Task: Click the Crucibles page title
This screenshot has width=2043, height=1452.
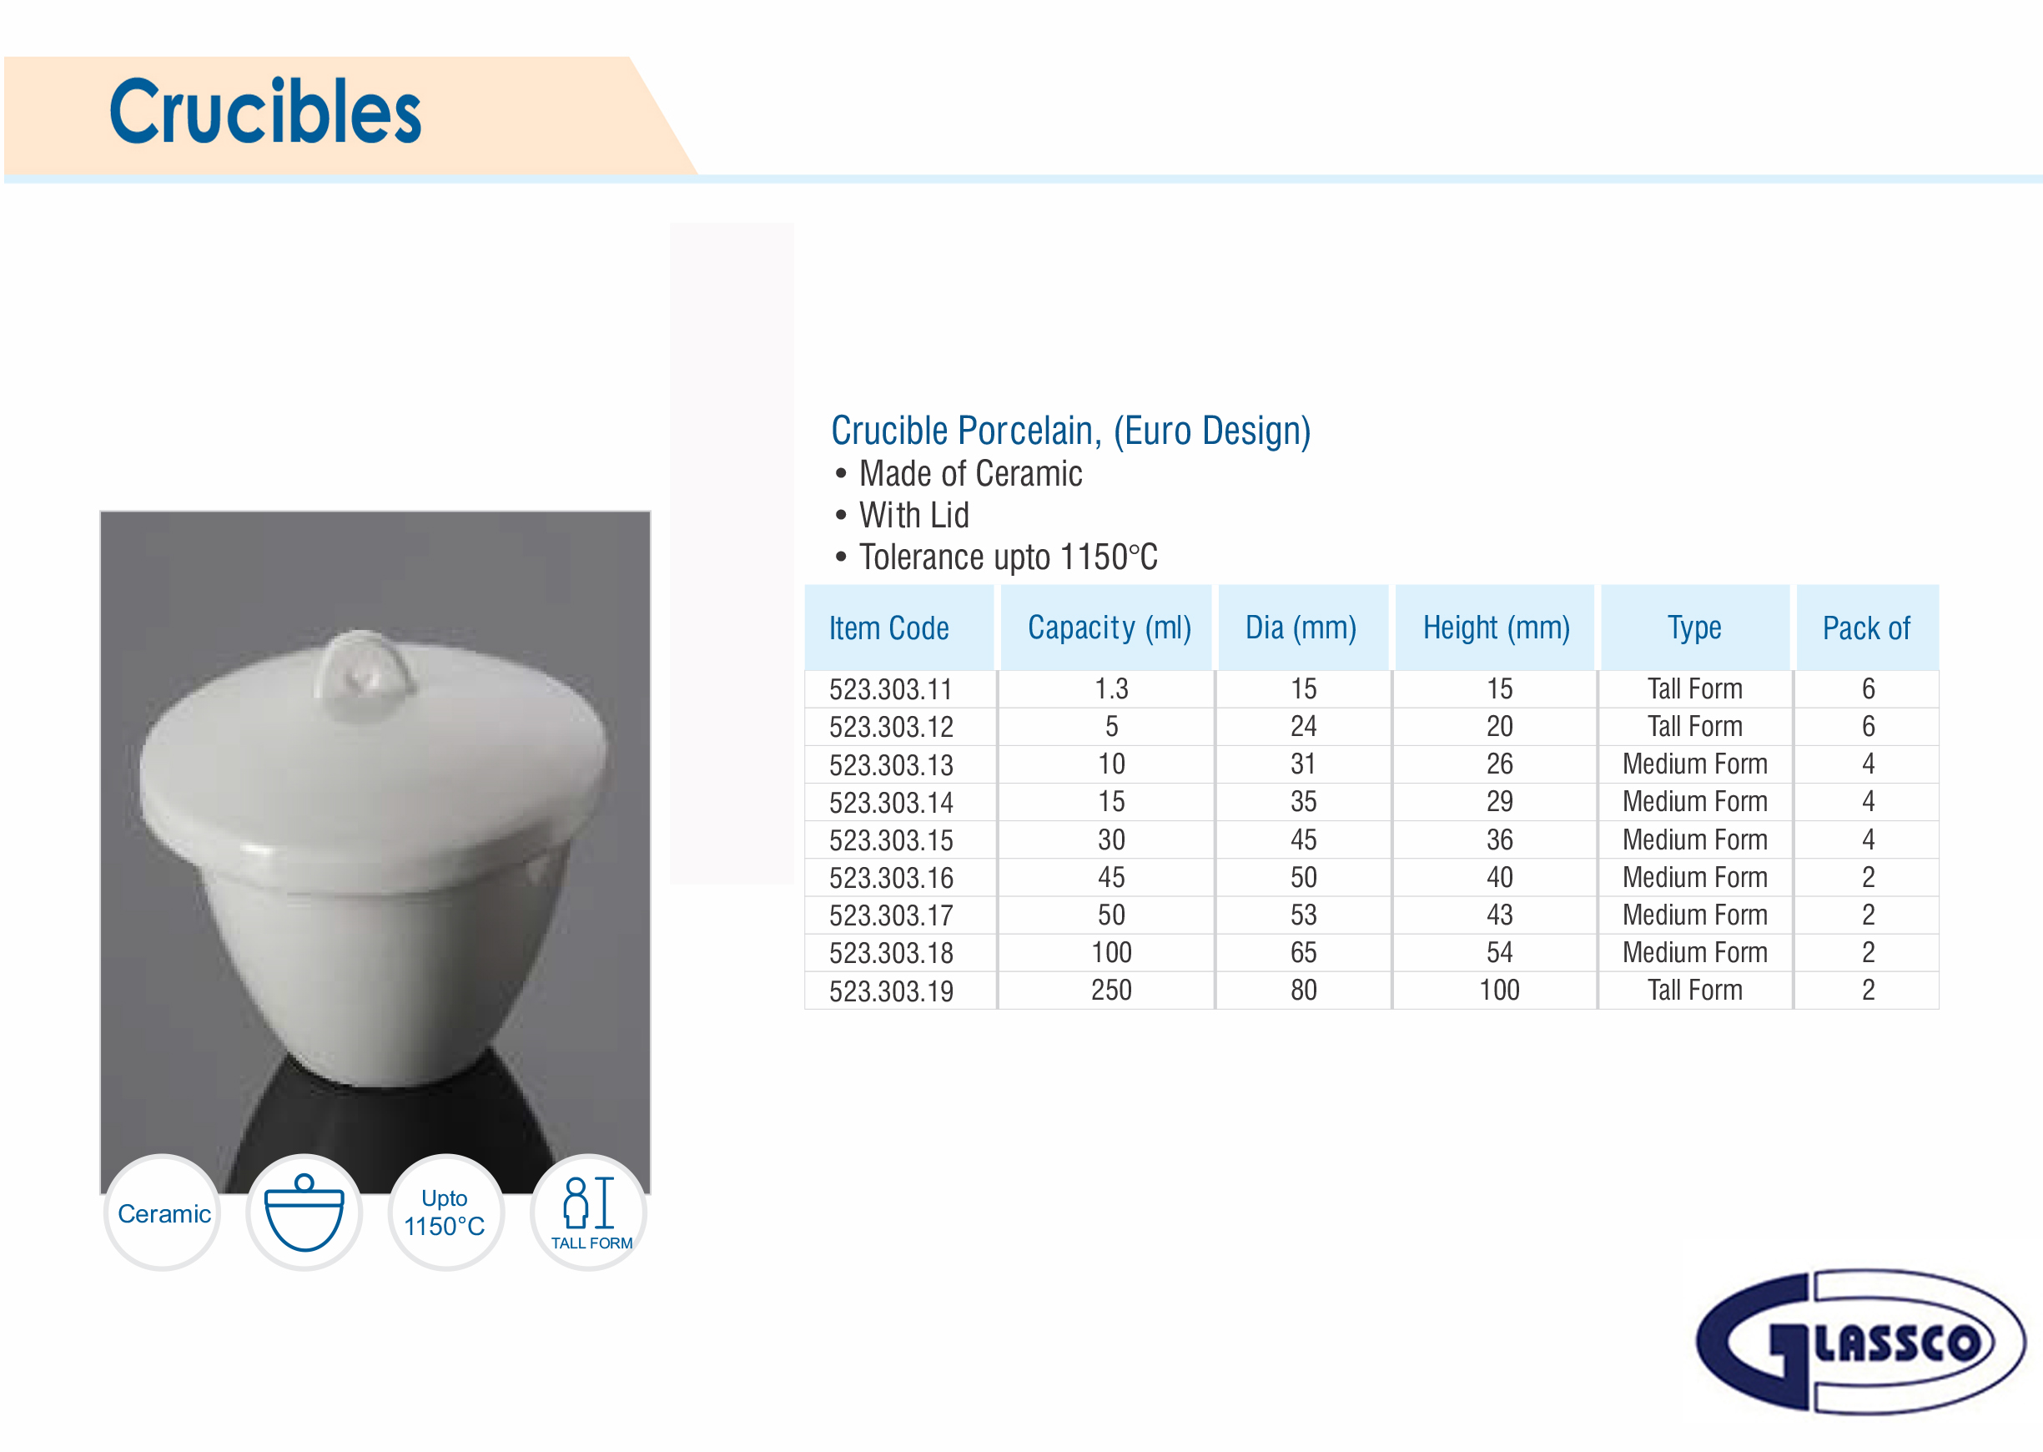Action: tap(264, 112)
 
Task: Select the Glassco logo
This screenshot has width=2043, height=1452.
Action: tap(1859, 1341)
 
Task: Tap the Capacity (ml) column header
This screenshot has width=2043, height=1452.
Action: tap(1109, 628)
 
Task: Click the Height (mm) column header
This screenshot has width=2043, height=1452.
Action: tap(1496, 628)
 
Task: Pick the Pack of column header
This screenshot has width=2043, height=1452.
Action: tap(1866, 628)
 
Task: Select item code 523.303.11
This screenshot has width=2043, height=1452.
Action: tap(890, 689)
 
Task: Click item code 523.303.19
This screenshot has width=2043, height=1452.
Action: tap(890, 991)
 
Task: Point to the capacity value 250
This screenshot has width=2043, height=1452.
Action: tap(1111, 990)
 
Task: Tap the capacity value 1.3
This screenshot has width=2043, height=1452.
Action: tap(1111, 688)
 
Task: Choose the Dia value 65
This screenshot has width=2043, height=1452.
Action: tap(1303, 952)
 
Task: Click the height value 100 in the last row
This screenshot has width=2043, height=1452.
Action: tap(1499, 990)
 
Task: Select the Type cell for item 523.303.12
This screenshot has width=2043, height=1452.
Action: tap(1694, 726)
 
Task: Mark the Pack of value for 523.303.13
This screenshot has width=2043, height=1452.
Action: tap(1868, 764)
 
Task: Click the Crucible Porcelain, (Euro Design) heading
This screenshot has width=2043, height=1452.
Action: tap(1070, 431)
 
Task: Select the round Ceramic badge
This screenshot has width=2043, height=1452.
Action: tap(163, 1213)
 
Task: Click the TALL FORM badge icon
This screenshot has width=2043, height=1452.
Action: tap(589, 1213)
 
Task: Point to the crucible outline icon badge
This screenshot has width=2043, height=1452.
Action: tap(304, 1213)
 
